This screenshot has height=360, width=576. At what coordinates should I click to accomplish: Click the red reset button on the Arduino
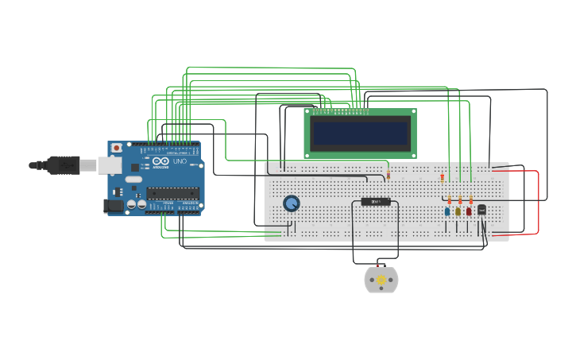(117, 148)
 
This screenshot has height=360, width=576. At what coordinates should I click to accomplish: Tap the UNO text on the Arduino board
(180, 162)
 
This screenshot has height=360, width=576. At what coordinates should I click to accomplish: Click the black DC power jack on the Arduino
(114, 206)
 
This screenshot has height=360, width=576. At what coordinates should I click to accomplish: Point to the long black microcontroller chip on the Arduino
(172, 192)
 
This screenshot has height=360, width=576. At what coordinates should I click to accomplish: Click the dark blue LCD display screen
(360, 133)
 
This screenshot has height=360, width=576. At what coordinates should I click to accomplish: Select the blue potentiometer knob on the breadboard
(292, 203)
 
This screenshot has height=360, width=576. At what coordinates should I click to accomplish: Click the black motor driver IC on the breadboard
(376, 201)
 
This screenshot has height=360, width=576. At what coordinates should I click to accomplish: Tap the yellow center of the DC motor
(381, 280)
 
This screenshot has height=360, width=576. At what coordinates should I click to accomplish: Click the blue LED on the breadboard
(447, 211)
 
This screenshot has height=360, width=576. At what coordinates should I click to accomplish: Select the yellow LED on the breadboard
(458, 211)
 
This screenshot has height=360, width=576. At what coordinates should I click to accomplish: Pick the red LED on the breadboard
(469, 211)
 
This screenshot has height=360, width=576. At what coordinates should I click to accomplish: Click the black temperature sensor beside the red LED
(481, 210)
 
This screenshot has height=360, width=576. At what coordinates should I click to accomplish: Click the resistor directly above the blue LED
(449, 199)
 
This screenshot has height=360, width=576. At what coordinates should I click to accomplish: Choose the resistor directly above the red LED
(471, 199)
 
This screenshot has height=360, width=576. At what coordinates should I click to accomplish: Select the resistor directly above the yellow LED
(460, 199)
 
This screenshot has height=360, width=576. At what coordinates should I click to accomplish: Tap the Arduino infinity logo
(160, 161)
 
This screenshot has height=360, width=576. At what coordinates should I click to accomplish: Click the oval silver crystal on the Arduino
(133, 180)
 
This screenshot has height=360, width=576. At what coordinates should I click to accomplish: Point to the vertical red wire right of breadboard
(539, 202)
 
